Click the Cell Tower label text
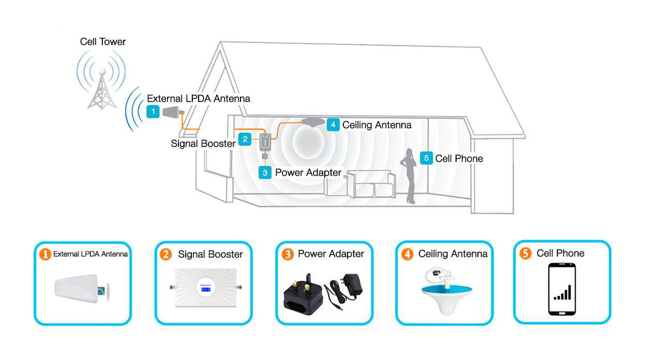tap(102, 42)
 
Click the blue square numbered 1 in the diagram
tap(153, 111)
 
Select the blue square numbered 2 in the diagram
tap(245, 139)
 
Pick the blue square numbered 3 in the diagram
tap(265, 172)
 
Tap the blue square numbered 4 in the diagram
tap(334, 125)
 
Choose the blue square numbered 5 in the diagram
tap(426, 158)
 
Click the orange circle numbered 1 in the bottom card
tap(46, 254)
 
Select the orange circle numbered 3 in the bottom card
tap(288, 254)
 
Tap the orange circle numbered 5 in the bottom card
tap(526, 253)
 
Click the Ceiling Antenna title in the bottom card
tap(452, 254)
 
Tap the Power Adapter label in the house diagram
tap(308, 172)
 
